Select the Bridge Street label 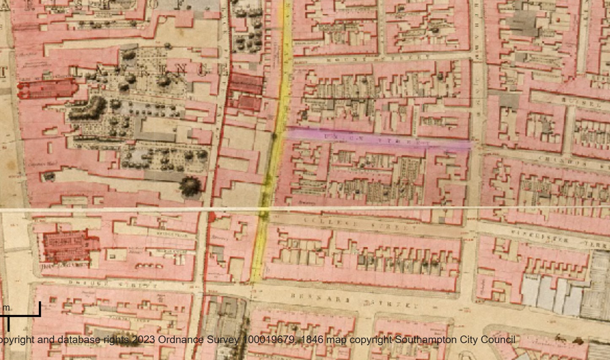coord(113,284)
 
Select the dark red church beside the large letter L coord(46,89)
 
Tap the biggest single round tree coord(190,186)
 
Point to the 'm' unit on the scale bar coord(6,308)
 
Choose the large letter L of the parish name coord(76,70)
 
